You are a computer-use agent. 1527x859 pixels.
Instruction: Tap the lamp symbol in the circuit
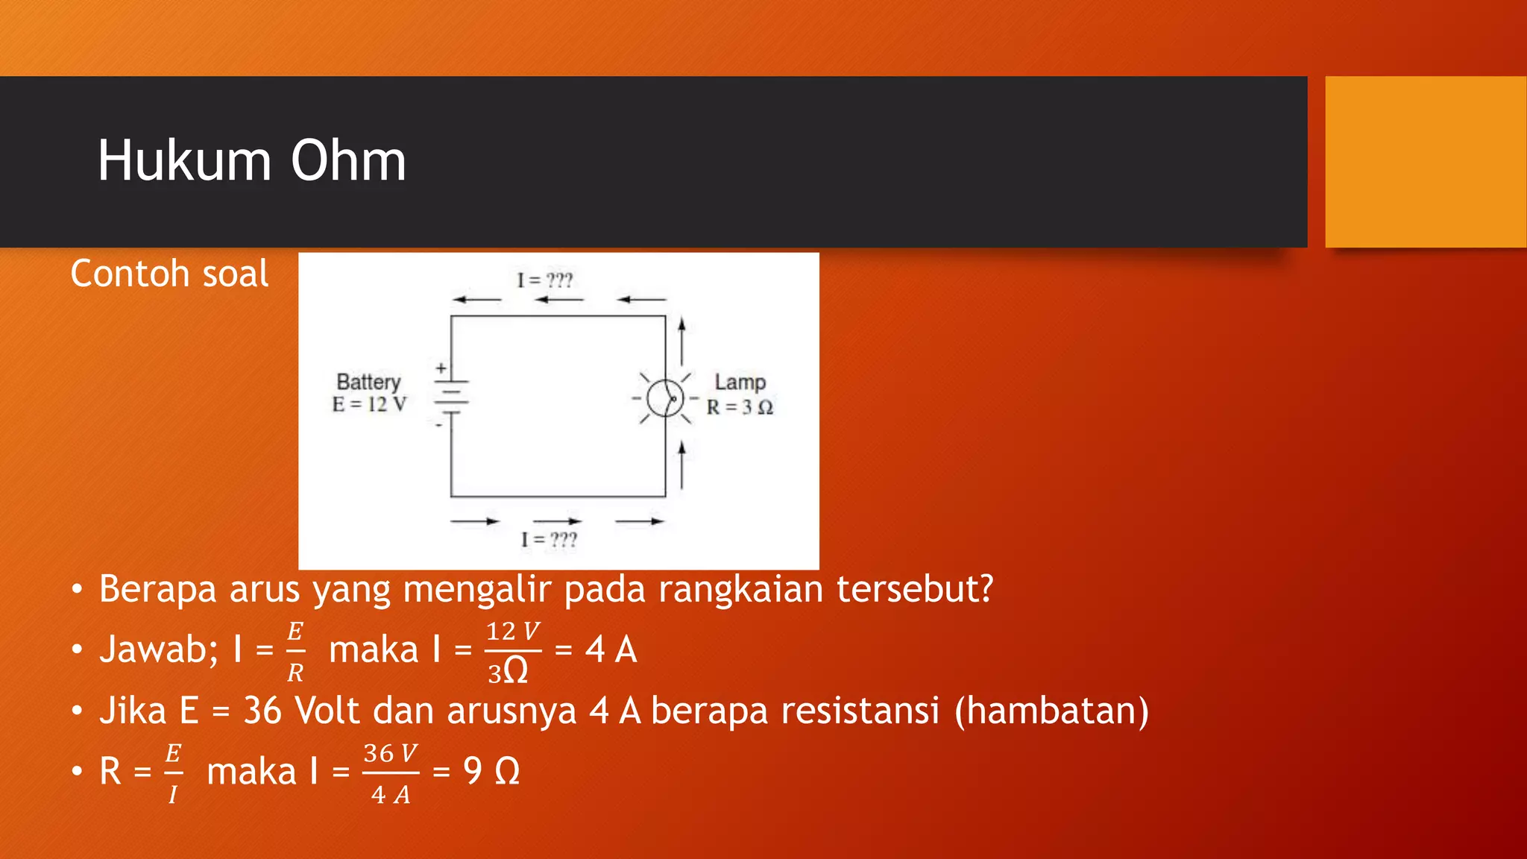tap(665, 398)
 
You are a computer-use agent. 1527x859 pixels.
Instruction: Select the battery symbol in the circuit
tap(451, 397)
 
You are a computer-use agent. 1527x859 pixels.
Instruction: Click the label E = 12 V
tap(369, 405)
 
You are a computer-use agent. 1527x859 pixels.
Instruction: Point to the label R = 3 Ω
tap(740, 407)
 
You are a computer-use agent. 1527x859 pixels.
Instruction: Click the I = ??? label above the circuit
tap(545, 280)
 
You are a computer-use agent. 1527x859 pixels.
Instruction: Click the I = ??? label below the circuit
tap(549, 539)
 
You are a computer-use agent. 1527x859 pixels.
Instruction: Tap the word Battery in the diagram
tap(368, 382)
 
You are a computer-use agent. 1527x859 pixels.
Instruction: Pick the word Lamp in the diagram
tap(740, 382)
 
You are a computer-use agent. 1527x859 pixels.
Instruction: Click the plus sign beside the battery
tap(441, 368)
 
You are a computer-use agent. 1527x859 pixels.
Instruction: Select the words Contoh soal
tap(169, 274)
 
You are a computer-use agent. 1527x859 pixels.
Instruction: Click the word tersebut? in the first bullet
tap(915, 589)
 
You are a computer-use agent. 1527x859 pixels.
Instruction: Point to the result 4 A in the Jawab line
tap(611, 649)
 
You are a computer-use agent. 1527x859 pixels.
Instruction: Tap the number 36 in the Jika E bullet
tap(262, 711)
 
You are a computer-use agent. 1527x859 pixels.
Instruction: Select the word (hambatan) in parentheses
tap(1052, 711)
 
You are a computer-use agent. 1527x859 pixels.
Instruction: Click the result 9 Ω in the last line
tap(491, 771)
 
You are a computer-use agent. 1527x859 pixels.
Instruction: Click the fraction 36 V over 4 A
tap(390, 774)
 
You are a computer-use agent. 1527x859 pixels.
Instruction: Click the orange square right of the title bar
tap(1426, 162)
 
